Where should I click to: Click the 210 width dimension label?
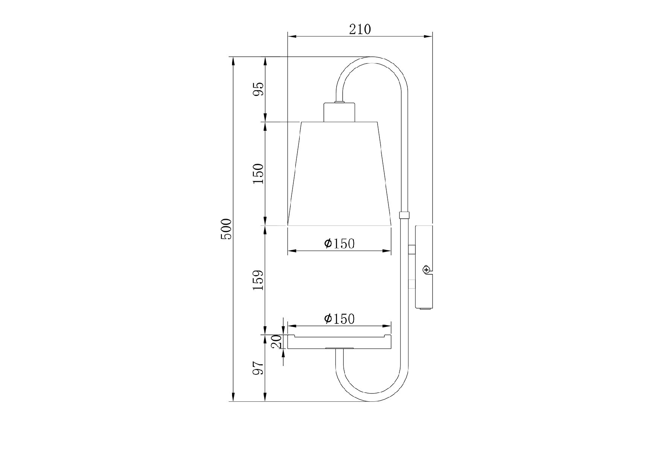[x=360, y=29]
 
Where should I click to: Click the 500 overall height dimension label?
[x=227, y=229]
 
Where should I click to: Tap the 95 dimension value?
[x=258, y=89]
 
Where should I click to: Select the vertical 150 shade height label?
[x=258, y=173]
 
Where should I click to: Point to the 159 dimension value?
[x=258, y=280]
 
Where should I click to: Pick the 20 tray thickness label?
[x=277, y=342]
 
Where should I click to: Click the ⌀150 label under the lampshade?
[x=339, y=244]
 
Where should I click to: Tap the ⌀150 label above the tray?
[x=339, y=319]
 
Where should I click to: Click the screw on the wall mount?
[x=426, y=269]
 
